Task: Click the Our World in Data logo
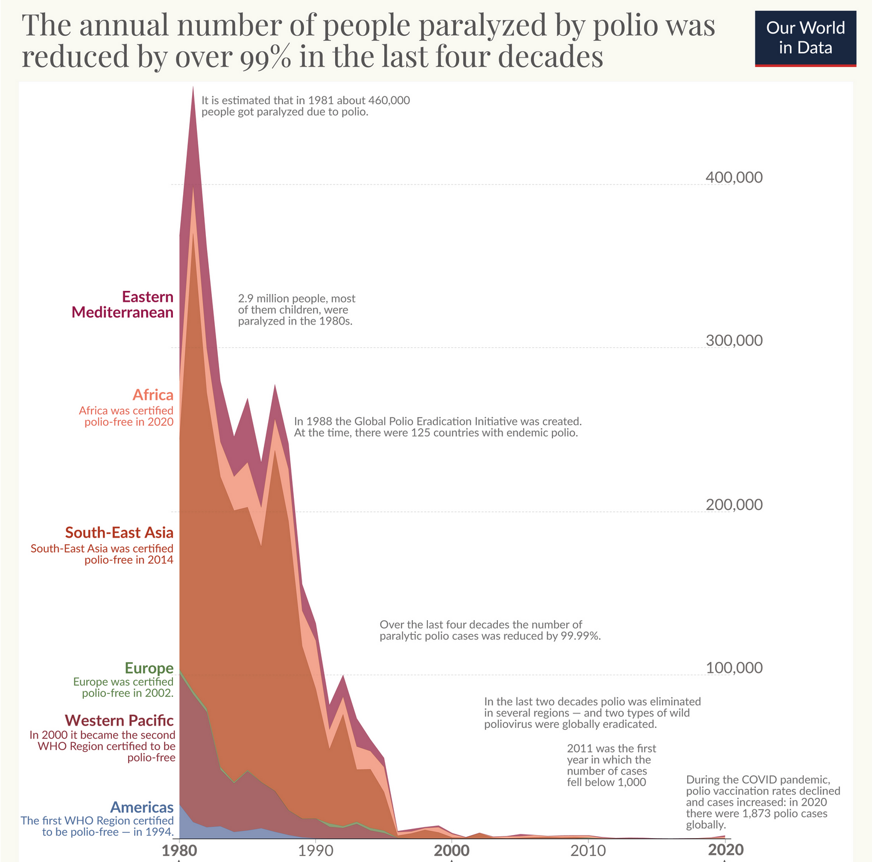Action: coord(805,37)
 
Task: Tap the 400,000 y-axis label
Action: coord(734,178)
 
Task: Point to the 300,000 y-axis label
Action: coord(734,341)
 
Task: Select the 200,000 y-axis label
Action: coord(734,505)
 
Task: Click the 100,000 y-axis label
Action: coord(734,668)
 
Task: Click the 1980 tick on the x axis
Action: coord(179,851)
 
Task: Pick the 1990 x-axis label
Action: coord(315,851)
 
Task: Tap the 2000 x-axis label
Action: coord(452,851)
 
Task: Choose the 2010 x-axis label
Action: coord(588,851)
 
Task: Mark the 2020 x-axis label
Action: coord(725,851)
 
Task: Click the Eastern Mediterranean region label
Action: coord(123,305)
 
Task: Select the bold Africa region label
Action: coord(153,395)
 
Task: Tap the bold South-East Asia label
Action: coord(119,533)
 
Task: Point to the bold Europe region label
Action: coord(149,668)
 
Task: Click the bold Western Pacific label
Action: coord(119,720)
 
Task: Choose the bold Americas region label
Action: coord(142,808)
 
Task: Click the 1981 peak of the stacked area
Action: coord(193,87)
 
